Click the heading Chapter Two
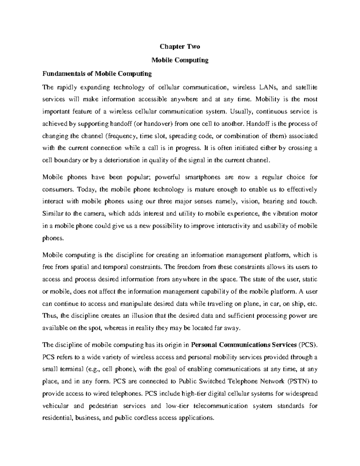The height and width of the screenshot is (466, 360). (180, 47)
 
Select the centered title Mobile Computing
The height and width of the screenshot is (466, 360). (180, 60)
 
